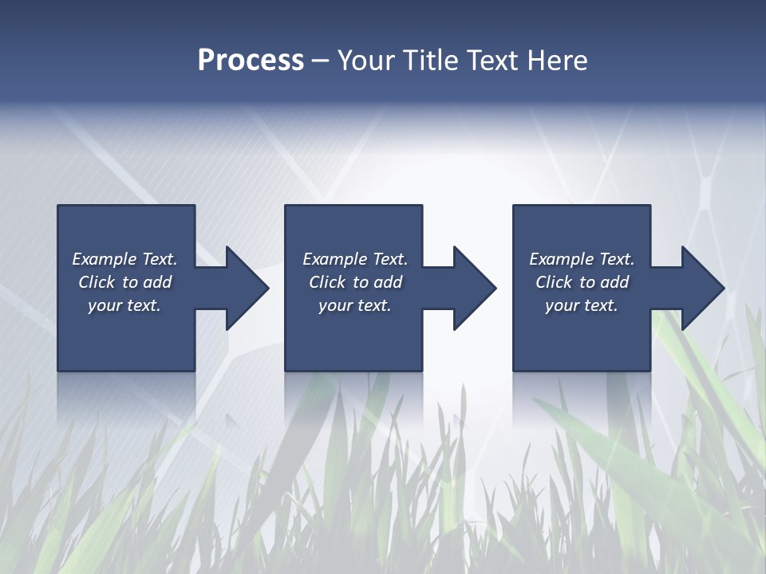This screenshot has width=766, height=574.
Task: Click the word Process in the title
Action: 251,61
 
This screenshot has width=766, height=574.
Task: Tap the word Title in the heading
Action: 429,61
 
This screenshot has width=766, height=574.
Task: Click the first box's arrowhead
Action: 243,288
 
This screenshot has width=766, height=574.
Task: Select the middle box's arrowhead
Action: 471,288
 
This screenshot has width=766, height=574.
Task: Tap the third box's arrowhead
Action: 699,288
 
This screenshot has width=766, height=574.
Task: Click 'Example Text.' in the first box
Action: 124,259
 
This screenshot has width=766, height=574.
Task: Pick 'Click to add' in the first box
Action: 124,282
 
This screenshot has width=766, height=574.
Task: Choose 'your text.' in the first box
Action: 124,305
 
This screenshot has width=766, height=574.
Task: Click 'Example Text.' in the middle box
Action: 354,259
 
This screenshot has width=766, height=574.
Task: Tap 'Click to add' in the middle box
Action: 354,282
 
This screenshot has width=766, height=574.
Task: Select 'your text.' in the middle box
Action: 354,305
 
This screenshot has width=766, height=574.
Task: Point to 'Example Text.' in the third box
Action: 582,259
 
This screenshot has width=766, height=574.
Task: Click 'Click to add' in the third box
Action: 582,282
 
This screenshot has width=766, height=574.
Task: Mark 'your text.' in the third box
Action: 582,305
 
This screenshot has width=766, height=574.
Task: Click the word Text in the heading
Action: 491,61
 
